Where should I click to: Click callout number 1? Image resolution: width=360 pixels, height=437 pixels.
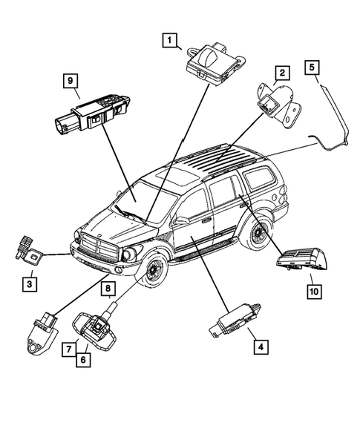[x=171, y=39]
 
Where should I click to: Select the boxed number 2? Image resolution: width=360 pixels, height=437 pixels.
[x=281, y=73]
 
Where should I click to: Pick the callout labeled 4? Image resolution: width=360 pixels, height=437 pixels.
[x=259, y=345]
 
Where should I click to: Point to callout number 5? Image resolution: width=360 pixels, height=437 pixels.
[x=313, y=68]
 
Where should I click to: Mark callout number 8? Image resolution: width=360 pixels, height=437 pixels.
[x=107, y=288]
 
